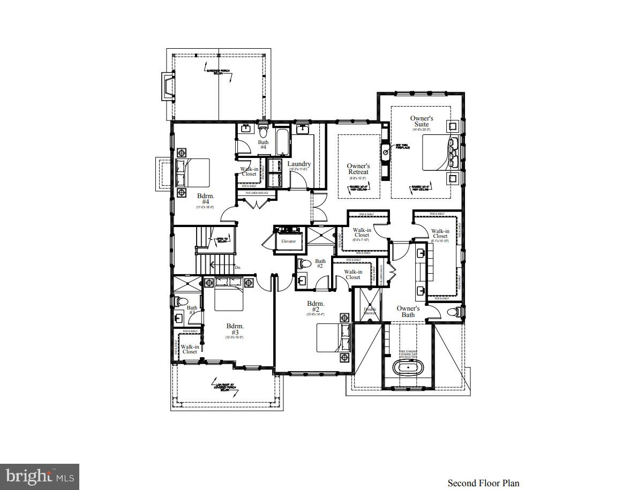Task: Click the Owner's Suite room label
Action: click(422, 122)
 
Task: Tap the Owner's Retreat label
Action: click(358, 169)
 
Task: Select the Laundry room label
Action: click(298, 164)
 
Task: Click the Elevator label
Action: click(288, 242)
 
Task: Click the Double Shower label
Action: click(370, 311)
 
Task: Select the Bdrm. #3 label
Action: click(235, 329)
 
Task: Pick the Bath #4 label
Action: click(263, 145)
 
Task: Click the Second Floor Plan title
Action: click(483, 483)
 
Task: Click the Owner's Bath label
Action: click(408, 312)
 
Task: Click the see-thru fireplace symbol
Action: click(385, 152)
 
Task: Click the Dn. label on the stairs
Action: click(238, 267)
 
